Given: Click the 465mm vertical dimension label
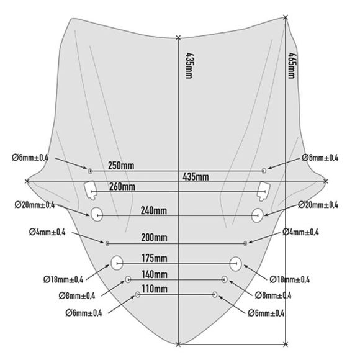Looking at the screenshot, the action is pos(292,66).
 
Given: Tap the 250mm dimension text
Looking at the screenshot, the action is pos(121,166).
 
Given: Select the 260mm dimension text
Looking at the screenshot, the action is pos(122,187).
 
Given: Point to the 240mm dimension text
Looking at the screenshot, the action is pos(154,210).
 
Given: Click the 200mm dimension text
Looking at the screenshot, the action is pos(154,238).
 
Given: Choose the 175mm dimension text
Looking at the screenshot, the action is pos(155,258).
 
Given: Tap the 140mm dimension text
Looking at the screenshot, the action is pos(155,274).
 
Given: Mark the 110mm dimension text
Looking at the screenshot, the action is pos(155,289).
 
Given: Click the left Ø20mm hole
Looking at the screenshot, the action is pos(97,214).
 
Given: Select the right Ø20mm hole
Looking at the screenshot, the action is pos(257,215).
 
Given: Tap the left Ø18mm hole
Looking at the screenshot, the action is pos(117,263).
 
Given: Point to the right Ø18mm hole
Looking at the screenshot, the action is pos(235,264).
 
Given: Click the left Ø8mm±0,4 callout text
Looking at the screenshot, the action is pos(77,295).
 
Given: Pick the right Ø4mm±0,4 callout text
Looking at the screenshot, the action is pos(300,232).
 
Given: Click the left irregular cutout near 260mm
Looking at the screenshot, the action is pos(90,191).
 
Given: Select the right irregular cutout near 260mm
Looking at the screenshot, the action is pos(264,191).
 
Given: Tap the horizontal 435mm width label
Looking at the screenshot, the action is pos(196,177).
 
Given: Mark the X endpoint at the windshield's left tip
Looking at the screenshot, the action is pos(27,181).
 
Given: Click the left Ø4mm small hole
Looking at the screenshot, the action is pos(107,243).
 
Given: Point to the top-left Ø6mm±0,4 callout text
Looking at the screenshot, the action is pos(30,158).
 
